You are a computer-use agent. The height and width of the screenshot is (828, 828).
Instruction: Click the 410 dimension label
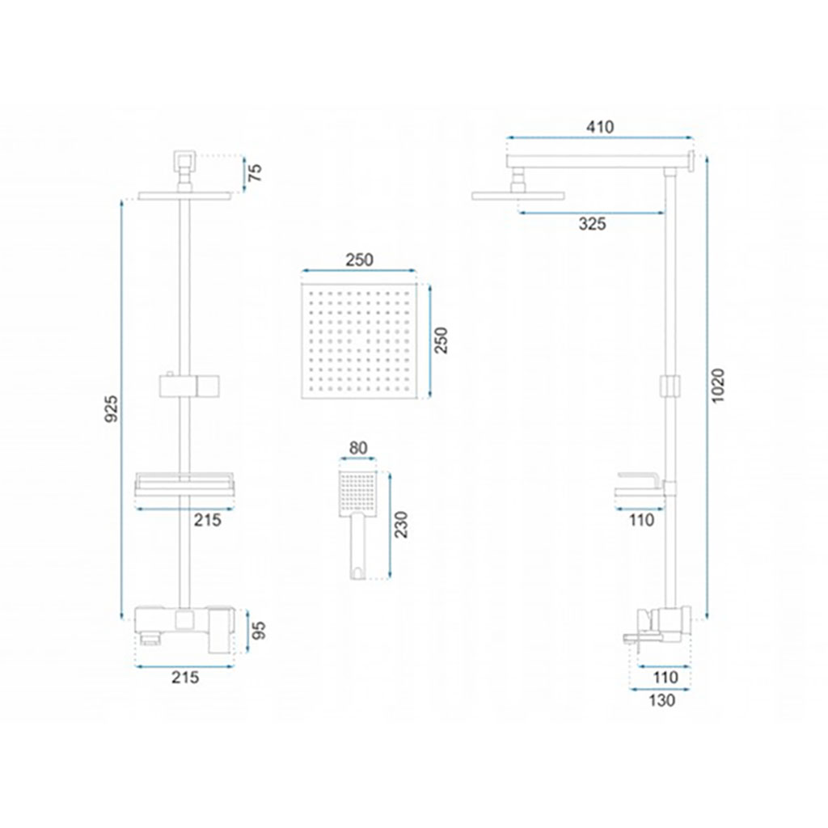(600, 127)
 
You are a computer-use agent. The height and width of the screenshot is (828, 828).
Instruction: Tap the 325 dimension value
(592, 224)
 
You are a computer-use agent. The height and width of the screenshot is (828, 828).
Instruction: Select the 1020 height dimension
(719, 386)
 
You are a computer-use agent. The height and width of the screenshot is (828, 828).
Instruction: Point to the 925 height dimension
(112, 408)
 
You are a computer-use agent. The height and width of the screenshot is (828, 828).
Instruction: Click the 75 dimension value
(255, 173)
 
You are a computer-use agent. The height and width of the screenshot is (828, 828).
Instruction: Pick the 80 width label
(358, 448)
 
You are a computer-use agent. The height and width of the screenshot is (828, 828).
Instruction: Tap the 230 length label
(402, 524)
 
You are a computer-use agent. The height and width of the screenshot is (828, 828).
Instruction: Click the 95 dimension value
(258, 631)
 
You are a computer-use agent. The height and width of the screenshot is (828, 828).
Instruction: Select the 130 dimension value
(661, 700)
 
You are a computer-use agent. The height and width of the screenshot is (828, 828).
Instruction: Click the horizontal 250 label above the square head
(359, 260)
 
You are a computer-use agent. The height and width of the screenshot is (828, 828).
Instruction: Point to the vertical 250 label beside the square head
(441, 340)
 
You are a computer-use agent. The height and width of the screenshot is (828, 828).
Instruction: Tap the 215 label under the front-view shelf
(208, 520)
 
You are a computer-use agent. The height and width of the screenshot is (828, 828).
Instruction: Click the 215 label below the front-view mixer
(185, 677)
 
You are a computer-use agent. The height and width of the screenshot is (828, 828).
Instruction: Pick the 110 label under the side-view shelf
(641, 520)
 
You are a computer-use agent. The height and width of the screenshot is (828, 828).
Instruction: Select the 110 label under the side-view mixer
(665, 677)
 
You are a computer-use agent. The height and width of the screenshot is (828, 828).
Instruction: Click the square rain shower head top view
(358, 340)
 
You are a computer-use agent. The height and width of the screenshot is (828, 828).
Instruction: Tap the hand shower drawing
(358, 524)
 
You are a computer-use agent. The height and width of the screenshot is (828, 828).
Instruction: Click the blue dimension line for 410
(599, 138)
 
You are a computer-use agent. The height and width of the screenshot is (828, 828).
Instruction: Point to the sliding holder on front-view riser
(188, 386)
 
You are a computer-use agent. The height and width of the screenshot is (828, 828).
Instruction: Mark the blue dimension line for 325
(591, 213)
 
